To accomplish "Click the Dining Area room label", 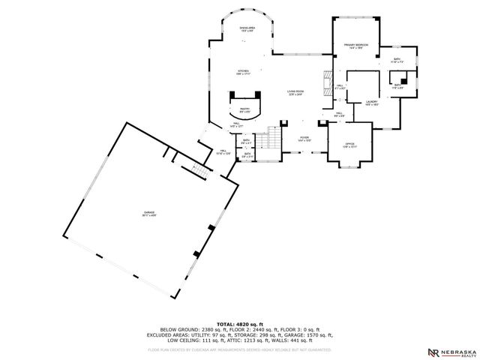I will point(246,29).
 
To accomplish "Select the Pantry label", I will point(245,109).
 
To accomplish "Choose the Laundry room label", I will point(370,103).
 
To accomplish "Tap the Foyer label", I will point(304,139).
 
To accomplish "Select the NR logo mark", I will point(433,352).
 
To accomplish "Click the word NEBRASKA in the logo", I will point(458,350).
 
